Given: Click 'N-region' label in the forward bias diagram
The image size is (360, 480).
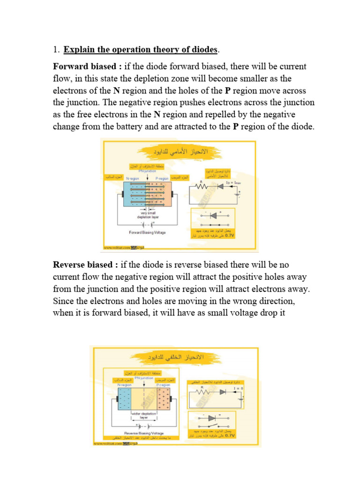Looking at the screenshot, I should pyautogui.click(x=133, y=179).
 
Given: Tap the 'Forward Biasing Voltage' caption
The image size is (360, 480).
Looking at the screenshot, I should pyautogui.click(x=147, y=232).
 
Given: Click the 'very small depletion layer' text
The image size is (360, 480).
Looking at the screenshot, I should pyautogui.click(x=148, y=215).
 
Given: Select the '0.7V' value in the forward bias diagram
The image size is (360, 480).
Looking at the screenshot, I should pyautogui.click(x=230, y=236).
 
